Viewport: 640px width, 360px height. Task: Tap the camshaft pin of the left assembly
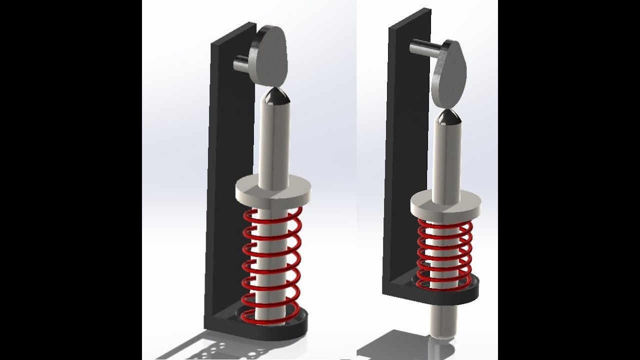click(x=240, y=64)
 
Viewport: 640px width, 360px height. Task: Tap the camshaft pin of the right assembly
click(x=422, y=48)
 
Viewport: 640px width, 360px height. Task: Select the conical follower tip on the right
click(x=448, y=118)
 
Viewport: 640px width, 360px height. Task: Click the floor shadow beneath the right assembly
click(x=390, y=345)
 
